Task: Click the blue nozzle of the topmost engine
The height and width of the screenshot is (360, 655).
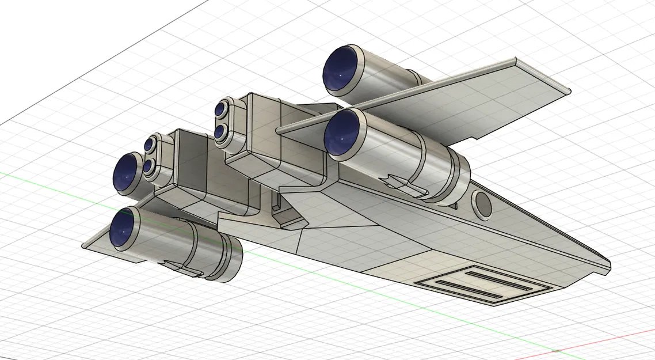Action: (x=340, y=70)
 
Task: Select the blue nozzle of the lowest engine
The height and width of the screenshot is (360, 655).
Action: (x=125, y=227)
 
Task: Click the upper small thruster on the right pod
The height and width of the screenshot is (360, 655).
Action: (x=222, y=108)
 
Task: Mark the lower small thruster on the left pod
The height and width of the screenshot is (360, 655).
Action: (x=148, y=166)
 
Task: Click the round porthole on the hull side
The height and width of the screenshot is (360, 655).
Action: (x=482, y=203)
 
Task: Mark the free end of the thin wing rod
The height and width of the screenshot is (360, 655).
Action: (x=279, y=131)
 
